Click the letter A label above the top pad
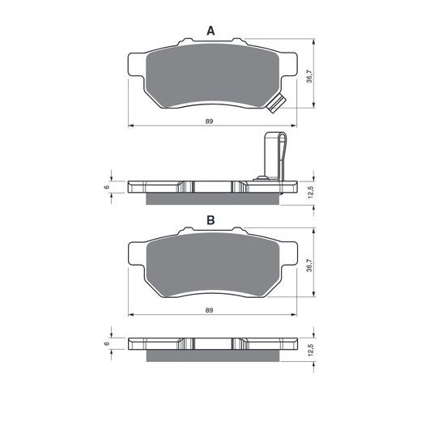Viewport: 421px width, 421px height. (210, 31)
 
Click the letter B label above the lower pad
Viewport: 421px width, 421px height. (210, 219)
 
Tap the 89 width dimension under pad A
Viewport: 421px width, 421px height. (210, 121)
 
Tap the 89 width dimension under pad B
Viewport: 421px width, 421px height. (210, 310)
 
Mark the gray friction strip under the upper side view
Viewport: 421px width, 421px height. (210, 198)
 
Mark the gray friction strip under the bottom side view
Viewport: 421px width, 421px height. (210, 355)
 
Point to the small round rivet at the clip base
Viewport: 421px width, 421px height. (262, 177)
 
